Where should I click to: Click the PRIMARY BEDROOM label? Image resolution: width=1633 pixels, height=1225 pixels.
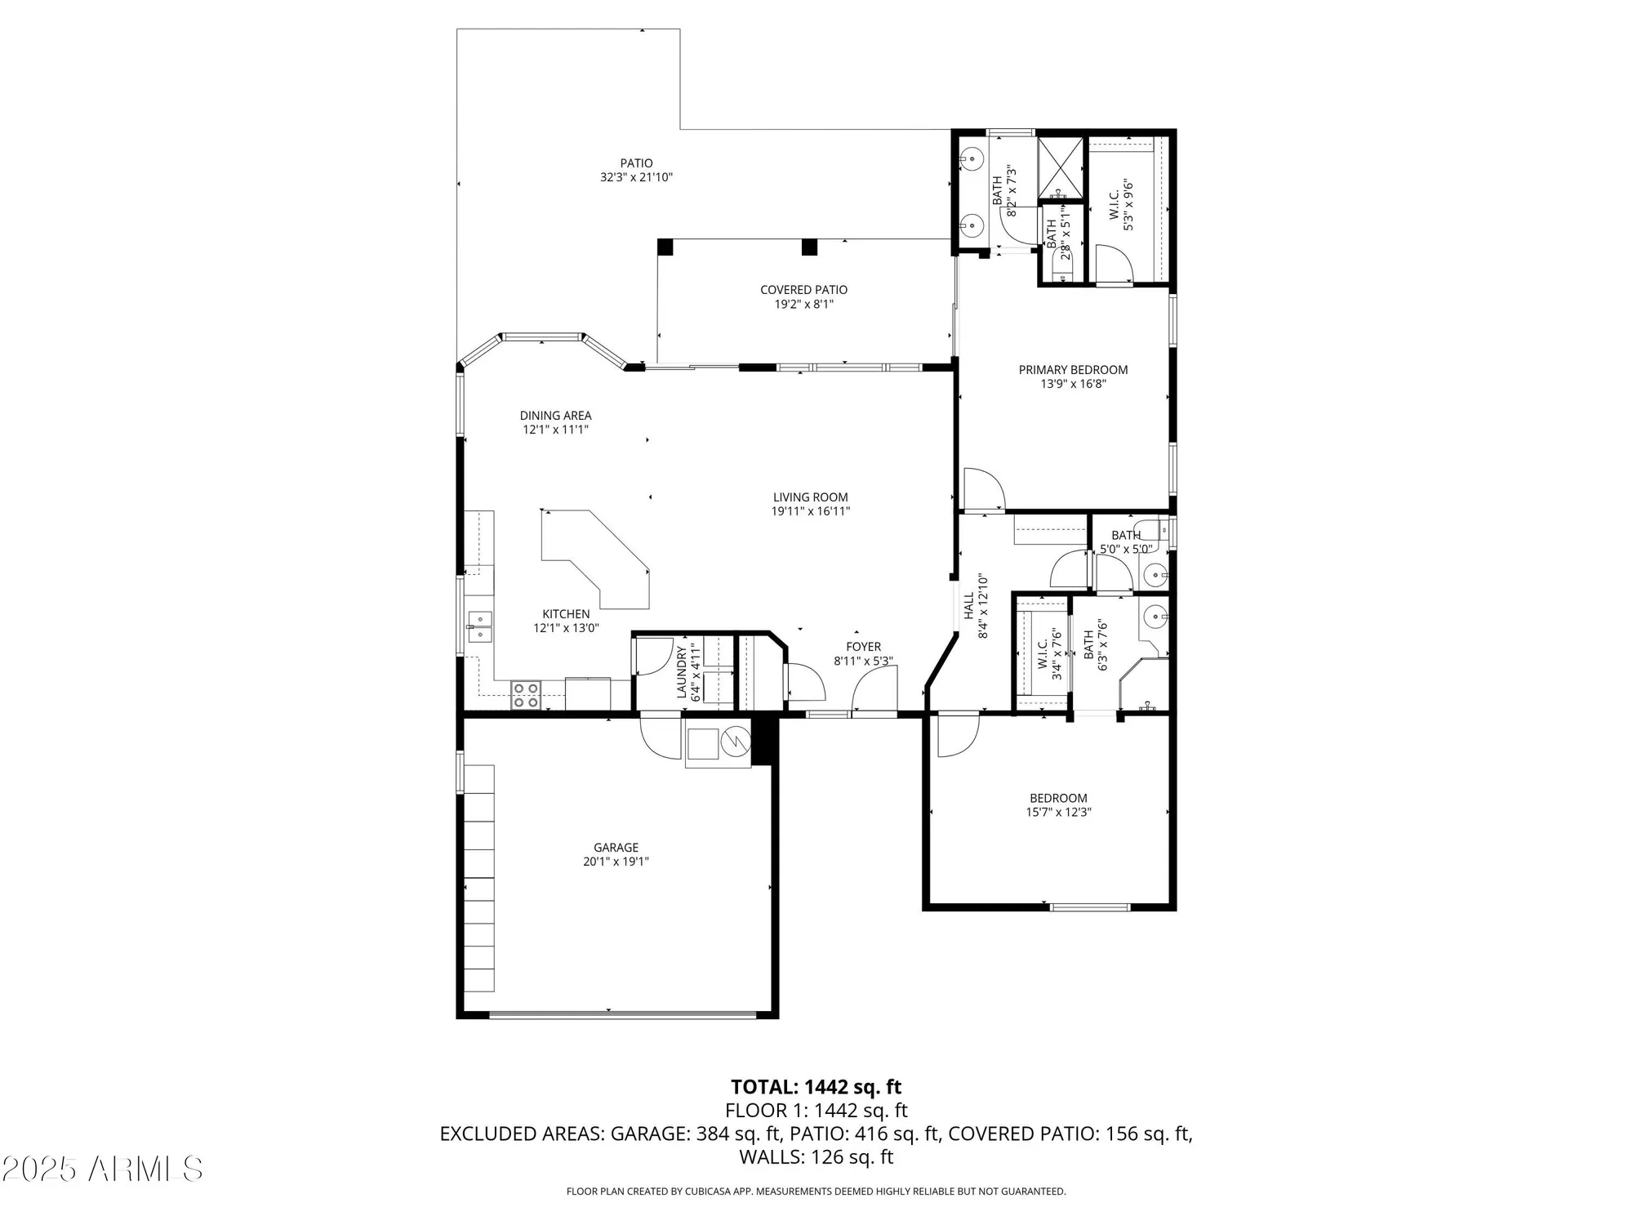coord(1073,370)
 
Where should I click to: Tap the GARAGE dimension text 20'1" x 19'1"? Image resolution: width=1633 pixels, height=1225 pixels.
coord(616,861)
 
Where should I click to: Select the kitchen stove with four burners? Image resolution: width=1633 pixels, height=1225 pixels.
coord(527,695)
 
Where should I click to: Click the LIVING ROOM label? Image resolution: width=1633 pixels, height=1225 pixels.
coord(810,497)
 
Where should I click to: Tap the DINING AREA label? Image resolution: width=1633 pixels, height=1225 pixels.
coord(555,416)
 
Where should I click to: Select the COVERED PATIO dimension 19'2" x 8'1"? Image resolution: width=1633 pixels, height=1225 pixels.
coord(803,305)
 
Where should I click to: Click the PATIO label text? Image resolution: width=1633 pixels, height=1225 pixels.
coord(636,163)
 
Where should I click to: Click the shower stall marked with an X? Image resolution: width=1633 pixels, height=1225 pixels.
coord(1061,167)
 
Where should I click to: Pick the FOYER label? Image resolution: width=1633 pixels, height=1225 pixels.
coord(863,647)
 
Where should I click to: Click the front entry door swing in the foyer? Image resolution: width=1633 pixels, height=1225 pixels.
coord(875,690)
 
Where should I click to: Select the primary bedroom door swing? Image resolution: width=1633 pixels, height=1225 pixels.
coord(983,490)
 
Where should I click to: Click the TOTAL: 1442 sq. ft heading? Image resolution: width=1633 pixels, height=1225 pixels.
coord(816,1087)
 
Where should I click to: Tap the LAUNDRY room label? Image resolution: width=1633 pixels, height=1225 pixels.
coord(681,672)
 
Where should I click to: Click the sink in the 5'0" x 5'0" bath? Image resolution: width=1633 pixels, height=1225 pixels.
coord(1155,576)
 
